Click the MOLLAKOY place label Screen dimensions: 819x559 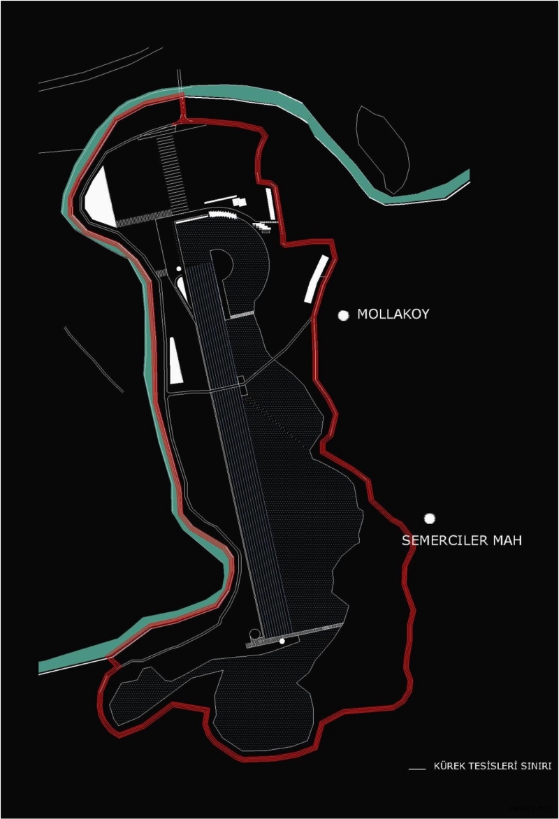click(x=393, y=314)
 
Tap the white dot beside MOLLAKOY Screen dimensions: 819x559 click(x=343, y=315)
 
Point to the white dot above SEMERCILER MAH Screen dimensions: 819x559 click(x=430, y=518)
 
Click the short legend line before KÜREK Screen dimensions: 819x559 click(x=416, y=769)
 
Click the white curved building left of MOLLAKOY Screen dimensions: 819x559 click(x=316, y=279)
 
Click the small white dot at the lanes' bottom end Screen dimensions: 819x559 click(x=282, y=641)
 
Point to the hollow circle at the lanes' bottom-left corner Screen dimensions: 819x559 click(x=254, y=634)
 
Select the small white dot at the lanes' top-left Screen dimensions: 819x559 click(x=179, y=268)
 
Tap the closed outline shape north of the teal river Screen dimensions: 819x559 click(x=383, y=148)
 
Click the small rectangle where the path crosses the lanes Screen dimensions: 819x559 click(x=242, y=386)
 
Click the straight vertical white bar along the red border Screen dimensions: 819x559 click(x=270, y=204)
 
